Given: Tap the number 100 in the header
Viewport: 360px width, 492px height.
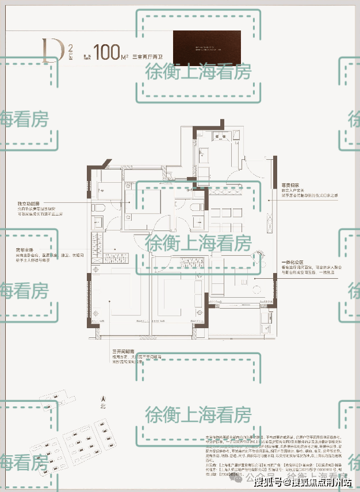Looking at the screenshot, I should (x=108, y=52).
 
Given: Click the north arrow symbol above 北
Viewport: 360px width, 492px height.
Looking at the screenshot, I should (x=103, y=397).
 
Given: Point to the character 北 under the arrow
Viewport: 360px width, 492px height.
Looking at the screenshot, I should (x=103, y=405).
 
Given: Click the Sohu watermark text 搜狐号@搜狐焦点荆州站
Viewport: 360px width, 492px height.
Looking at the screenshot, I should (x=303, y=482).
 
